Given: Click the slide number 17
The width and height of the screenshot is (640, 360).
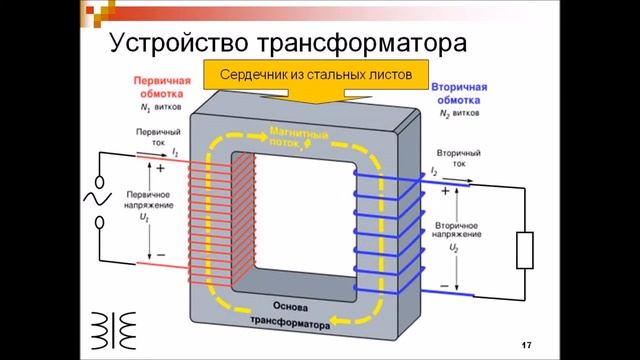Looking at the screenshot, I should coord(526,345).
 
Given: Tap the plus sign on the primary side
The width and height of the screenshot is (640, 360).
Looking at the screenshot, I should coord(160,168).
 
